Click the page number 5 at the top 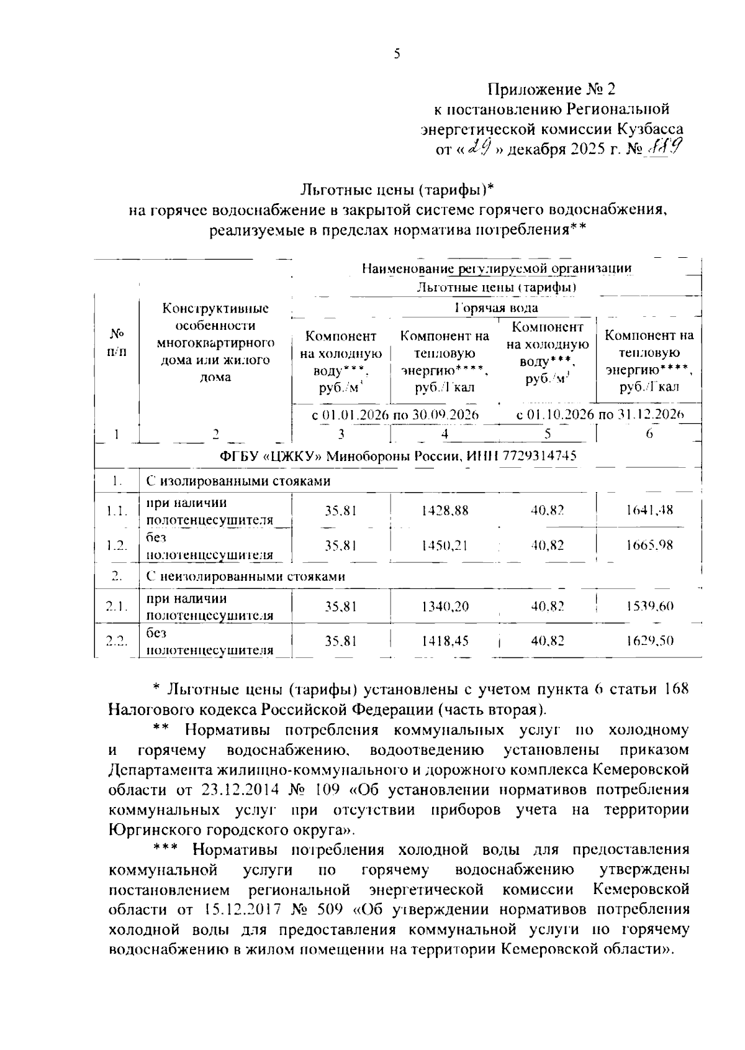click(x=397, y=55)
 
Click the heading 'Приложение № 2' click(x=551, y=89)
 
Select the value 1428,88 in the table click(x=445, y=511)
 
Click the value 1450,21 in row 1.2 click(x=445, y=546)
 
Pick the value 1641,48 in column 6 click(x=649, y=511)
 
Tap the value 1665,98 click(x=649, y=546)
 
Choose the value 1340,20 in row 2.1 click(x=445, y=606)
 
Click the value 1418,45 click(x=445, y=641)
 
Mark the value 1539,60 click(x=649, y=606)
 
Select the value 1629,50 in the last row click(x=649, y=641)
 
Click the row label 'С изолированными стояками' click(x=238, y=481)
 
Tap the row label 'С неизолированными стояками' click(x=245, y=576)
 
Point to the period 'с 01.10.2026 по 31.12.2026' click(x=600, y=414)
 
